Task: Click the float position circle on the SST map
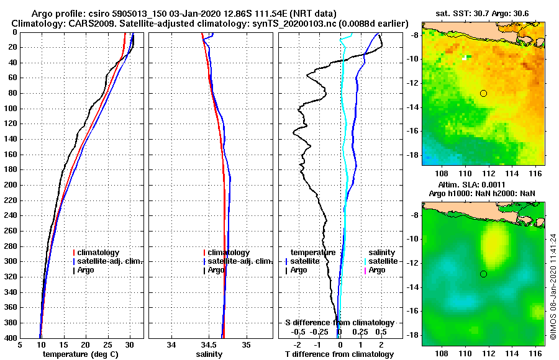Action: [483, 93]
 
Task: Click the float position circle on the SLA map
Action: [483, 274]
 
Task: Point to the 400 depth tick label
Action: [11, 338]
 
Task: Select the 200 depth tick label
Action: [11, 185]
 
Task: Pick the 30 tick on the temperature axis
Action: [129, 345]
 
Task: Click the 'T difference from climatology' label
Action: [339, 354]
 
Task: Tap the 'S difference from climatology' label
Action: [339, 323]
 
